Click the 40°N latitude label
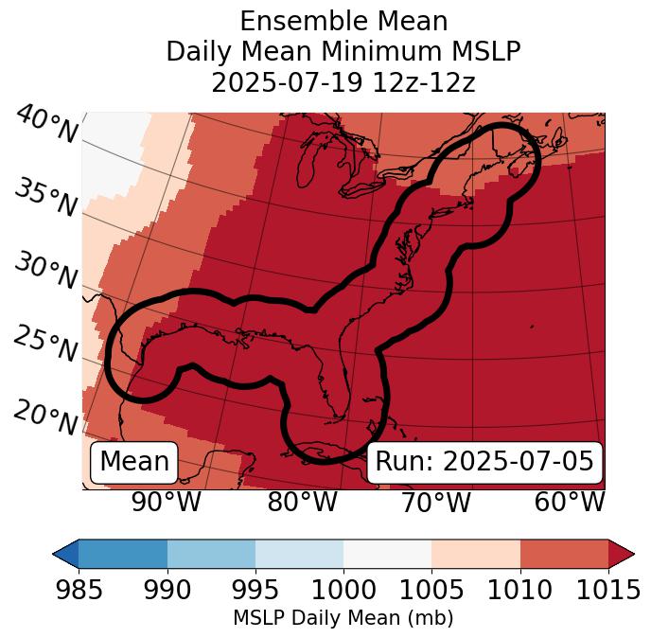[46, 125]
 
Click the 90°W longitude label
[167, 502]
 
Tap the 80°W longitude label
[303, 502]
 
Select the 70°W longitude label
[435, 502]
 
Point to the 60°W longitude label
[569, 502]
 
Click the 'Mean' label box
[134, 462]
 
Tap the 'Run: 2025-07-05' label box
[484, 462]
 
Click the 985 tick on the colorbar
[79, 589]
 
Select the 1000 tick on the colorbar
[343, 589]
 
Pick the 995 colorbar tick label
[255, 589]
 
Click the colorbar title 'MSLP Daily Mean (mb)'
[343, 618]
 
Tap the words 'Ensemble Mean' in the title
[343, 21]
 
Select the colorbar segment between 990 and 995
[211, 554]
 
